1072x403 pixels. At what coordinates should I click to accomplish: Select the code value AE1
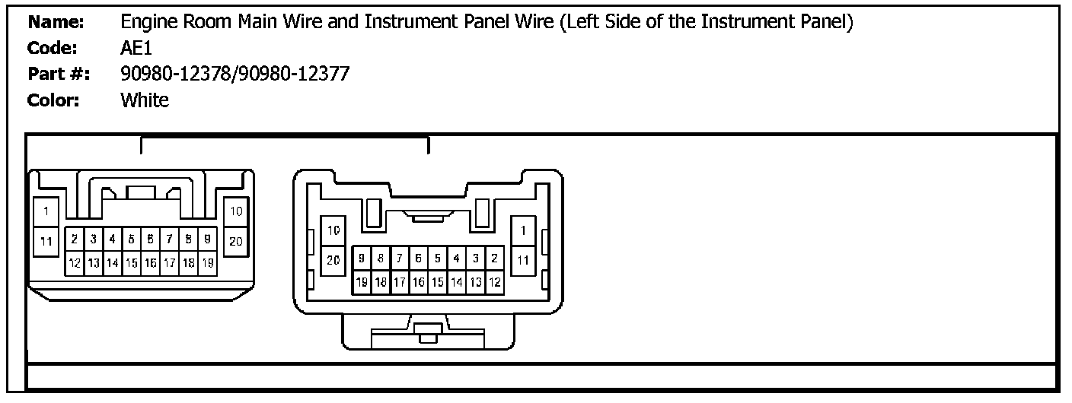click(x=136, y=48)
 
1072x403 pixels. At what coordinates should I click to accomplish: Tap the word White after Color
click(x=145, y=100)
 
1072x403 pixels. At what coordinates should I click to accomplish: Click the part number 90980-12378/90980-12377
click(x=234, y=74)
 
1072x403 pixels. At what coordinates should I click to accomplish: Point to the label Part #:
click(x=59, y=74)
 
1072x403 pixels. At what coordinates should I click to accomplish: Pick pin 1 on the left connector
click(x=46, y=211)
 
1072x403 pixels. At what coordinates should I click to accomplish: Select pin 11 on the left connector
click(x=46, y=242)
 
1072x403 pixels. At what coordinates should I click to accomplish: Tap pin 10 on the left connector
click(x=236, y=211)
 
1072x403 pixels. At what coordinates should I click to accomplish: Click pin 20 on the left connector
click(x=236, y=242)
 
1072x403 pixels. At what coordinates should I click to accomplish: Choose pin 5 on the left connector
click(x=131, y=238)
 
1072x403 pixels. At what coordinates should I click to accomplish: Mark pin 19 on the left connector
click(x=207, y=262)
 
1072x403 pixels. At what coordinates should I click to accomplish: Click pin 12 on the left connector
click(x=75, y=262)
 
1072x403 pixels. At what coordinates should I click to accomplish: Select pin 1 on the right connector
click(x=523, y=230)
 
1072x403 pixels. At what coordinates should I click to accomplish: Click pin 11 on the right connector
click(x=523, y=260)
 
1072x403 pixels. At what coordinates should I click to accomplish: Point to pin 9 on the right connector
click(x=362, y=258)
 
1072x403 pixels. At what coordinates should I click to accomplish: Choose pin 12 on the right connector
click(x=495, y=282)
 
